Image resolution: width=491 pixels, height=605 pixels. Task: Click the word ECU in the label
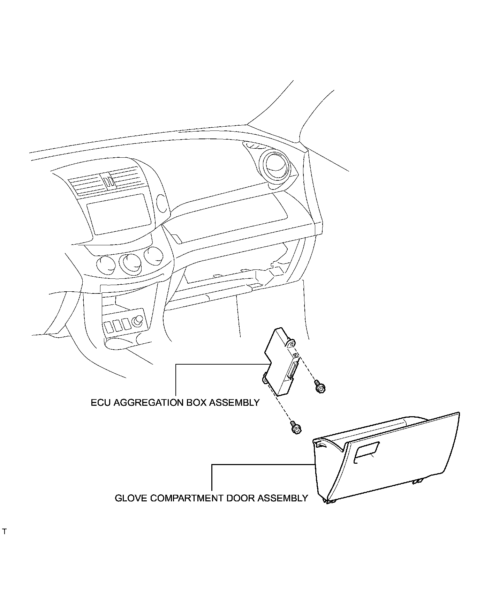(101, 402)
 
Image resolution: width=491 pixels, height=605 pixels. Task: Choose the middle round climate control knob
(130, 264)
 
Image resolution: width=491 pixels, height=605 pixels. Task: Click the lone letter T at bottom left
(4, 541)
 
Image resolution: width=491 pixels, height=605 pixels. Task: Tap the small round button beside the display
(161, 203)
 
